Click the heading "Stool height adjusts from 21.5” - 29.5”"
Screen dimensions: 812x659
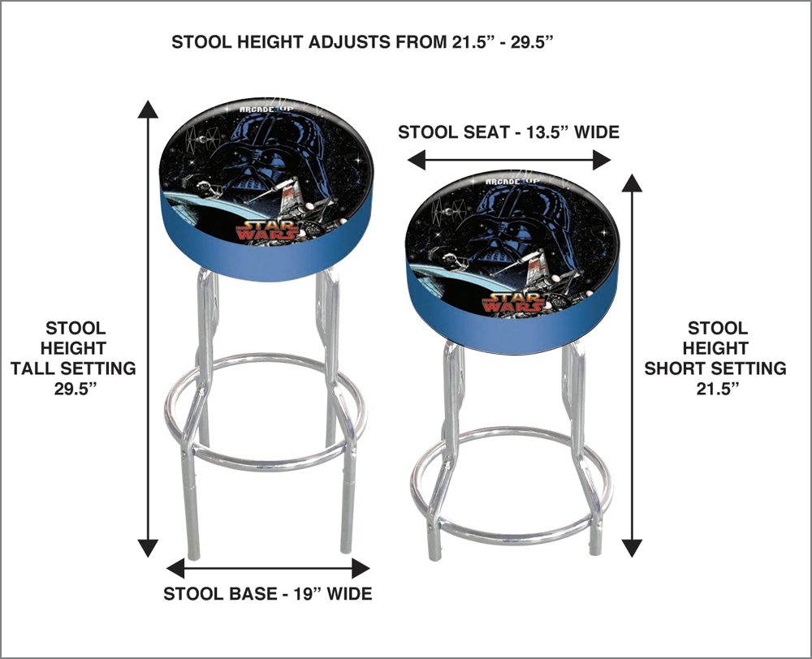tap(360, 42)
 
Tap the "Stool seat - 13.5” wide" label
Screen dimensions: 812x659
tap(508, 132)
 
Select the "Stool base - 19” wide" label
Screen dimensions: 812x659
tap(268, 593)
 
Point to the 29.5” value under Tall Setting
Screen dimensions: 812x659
tap(73, 388)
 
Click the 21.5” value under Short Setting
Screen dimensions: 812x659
tap(715, 388)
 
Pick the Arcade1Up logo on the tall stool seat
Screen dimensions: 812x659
tap(261, 110)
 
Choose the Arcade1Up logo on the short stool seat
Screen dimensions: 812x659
tap(511, 181)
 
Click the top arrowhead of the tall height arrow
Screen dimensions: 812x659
tap(148, 109)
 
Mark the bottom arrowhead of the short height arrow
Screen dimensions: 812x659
tap(632, 548)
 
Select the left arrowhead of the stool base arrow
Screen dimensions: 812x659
tap(175, 568)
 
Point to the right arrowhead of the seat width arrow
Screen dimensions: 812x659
tap(603, 160)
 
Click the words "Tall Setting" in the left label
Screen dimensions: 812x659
tap(73, 368)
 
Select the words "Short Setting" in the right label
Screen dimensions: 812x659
tap(715, 368)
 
